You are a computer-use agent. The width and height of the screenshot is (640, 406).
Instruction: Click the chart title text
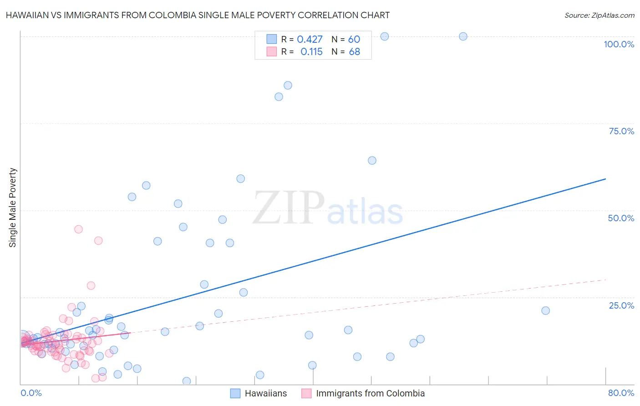tap(198, 15)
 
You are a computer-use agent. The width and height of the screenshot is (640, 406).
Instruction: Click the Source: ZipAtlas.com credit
tap(599, 15)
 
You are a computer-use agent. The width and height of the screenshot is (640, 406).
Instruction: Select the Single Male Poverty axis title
tap(13, 208)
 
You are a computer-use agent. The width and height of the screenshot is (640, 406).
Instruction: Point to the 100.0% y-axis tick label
tap(619, 44)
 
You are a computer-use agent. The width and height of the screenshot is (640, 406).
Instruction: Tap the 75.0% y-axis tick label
tap(621, 131)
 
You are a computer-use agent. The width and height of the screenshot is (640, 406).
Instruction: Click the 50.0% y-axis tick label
tap(621, 218)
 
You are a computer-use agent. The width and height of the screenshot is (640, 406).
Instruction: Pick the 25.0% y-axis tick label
tap(621, 305)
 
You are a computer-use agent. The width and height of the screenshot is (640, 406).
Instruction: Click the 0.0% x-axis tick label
tap(31, 393)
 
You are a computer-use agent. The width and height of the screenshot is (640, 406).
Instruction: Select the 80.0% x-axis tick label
tap(621, 393)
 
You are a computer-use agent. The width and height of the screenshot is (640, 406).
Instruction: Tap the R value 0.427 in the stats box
tap(310, 40)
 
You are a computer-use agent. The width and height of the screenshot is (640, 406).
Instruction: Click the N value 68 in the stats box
tap(354, 52)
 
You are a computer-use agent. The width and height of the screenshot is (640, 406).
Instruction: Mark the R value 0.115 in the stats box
tap(311, 52)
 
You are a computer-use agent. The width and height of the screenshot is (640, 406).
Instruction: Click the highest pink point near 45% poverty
tap(78, 229)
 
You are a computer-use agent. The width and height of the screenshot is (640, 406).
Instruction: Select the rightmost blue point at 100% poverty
tap(463, 36)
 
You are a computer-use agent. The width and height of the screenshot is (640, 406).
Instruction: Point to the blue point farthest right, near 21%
tap(545, 310)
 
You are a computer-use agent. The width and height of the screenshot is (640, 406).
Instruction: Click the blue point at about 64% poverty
tap(372, 160)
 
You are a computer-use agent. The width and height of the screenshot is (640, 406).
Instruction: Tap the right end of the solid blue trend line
tap(605, 179)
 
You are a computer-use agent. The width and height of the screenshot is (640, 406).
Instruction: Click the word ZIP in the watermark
tap(289, 208)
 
